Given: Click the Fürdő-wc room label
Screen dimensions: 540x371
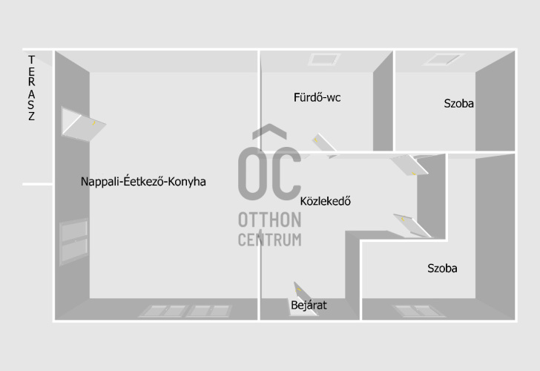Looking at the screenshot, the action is point(317,97).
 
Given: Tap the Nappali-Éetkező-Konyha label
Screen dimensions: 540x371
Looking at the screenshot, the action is point(143,182).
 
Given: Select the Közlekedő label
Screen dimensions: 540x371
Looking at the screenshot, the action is point(326,201).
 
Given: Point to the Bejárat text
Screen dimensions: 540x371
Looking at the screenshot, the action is point(309,305).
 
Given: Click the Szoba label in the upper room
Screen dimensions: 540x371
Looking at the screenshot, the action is point(458,103).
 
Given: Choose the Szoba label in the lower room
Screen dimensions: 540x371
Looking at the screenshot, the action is point(443,269).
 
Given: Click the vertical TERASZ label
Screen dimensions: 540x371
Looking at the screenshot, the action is point(31,88).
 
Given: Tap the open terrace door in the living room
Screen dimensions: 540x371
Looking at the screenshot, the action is point(83,125).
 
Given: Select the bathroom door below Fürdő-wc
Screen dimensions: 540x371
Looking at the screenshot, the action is point(323,145).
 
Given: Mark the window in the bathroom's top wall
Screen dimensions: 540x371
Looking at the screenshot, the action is point(324,59).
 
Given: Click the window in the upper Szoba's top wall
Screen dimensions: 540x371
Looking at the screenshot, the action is point(444,59).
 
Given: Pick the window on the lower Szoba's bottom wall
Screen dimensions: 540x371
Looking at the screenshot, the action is point(419,311).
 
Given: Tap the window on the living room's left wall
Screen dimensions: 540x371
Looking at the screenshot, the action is point(74,241).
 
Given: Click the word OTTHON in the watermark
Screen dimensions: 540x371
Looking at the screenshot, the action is point(270,220).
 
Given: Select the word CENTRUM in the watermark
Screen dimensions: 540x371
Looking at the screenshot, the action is point(270,240).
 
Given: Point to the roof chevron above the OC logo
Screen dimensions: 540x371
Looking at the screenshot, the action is point(269,131).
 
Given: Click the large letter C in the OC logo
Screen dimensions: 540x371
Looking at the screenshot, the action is point(285,174).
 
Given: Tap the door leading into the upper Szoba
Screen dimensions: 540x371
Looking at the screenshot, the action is point(409,165).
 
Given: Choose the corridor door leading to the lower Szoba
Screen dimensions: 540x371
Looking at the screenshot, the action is point(412,226).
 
